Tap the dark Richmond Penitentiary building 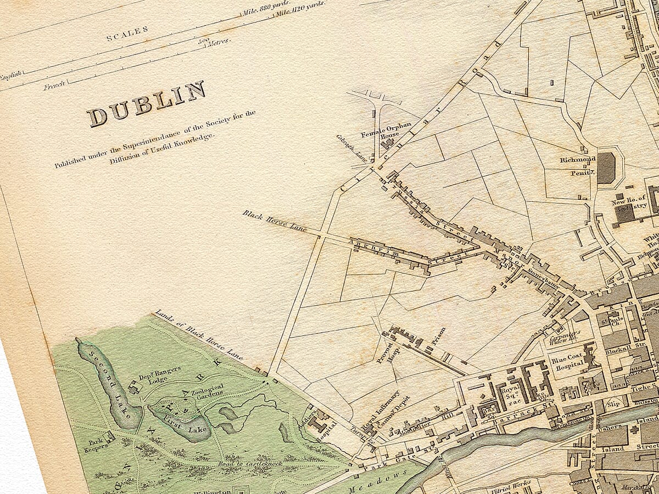click(606, 167)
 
